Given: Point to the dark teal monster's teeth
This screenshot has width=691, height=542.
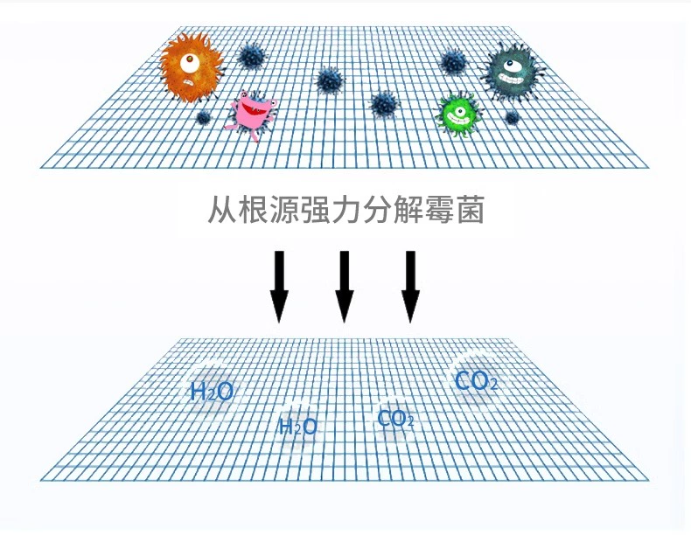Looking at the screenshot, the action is (x=510, y=79).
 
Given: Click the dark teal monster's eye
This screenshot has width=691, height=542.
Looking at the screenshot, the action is (x=511, y=66).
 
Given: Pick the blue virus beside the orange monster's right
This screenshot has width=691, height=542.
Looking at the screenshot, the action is (x=252, y=56).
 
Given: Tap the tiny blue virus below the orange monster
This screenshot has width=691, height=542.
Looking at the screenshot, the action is (x=203, y=117).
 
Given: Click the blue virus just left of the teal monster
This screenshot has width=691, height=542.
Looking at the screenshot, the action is (x=453, y=61).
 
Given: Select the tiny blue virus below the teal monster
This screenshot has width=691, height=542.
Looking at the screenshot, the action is (x=512, y=117).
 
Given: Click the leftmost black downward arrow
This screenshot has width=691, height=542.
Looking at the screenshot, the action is (x=279, y=286).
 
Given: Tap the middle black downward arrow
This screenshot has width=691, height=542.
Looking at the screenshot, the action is (x=344, y=286).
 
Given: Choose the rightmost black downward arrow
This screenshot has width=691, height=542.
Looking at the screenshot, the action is (x=410, y=286).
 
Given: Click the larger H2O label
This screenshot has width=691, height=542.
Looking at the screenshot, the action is (x=211, y=392).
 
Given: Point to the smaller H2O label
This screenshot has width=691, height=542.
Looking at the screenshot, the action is (x=298, y=427).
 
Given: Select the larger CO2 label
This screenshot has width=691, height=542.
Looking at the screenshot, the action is (x=477, y=381).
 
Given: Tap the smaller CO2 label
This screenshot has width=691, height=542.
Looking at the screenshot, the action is (x=395, y=419).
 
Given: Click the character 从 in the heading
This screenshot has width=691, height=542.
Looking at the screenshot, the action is (x=222, y=210).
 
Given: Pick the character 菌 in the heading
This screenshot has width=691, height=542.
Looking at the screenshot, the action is (x=471, y=210).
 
